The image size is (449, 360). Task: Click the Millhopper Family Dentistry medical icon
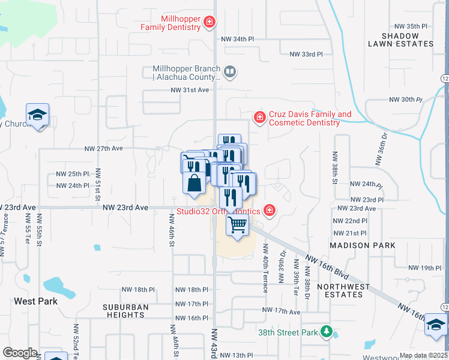209,23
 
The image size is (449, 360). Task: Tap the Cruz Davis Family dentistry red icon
259,116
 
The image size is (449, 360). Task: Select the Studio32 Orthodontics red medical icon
270,210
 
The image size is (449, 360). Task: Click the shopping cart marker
238,226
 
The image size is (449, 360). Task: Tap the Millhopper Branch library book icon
229,73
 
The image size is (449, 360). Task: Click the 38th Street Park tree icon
326,331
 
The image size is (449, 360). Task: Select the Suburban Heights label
125,311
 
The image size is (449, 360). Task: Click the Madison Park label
363,245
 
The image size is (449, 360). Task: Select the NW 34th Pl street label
235,39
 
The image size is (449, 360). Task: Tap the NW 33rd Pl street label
306,54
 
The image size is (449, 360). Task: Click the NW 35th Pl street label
411,26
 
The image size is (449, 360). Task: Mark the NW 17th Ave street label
281,311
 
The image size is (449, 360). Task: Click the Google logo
20,353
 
